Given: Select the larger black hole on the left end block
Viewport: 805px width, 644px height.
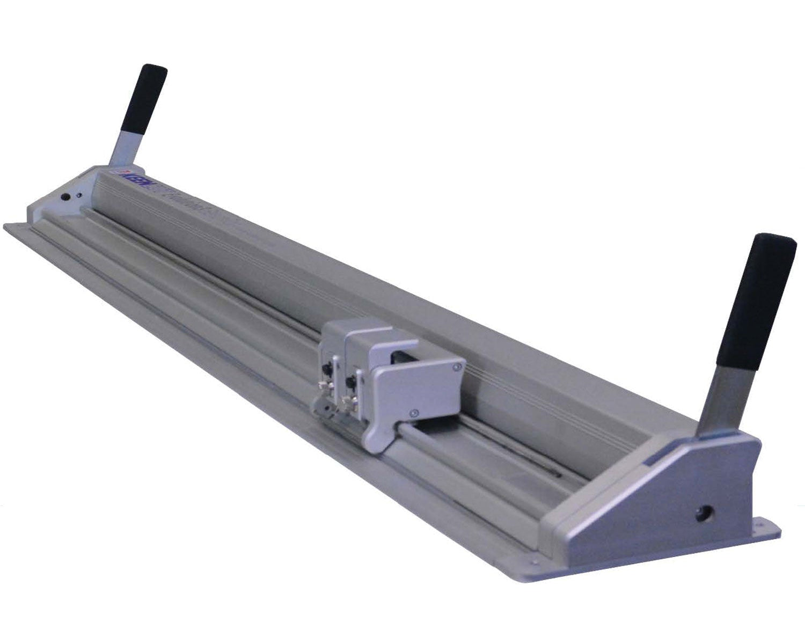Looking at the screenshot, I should [x=65, y=197].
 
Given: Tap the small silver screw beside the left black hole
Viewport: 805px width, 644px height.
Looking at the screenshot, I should [x=79, y=196].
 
